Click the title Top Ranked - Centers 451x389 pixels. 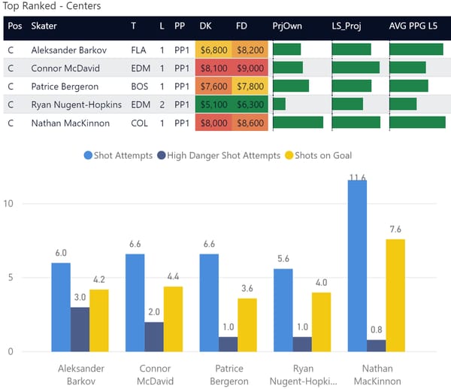coord(53,6)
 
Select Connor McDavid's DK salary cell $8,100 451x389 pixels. coord(213,68)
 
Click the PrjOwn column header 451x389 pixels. coord(287,26)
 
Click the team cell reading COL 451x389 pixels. coord(138,123)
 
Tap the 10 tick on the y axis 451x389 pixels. coord(9,204)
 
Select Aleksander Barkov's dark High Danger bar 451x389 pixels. coord(80,329)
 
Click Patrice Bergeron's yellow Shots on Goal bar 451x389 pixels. coord(247,324)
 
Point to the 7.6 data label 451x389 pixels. coord(395,229)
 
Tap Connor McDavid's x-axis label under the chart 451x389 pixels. coord(154,375)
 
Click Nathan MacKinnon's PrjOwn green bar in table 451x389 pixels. coord(298,123)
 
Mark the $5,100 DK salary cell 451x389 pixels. coord(213,105)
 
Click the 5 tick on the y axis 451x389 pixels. coord(9,278)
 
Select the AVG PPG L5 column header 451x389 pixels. coord(416,26)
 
